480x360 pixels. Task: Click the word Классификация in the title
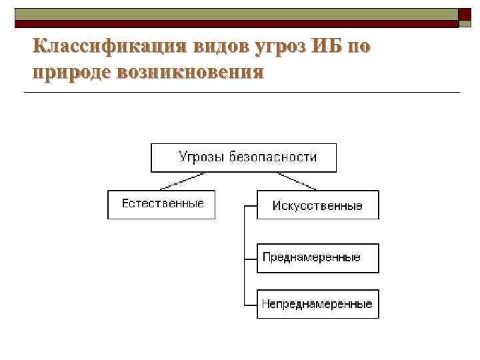(110, 47)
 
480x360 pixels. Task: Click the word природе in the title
(71, 71)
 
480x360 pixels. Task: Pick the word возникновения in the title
(189, 71)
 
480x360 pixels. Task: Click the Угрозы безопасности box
(243, 158)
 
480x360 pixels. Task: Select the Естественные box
(161, 204)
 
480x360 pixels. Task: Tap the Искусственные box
(317, 205)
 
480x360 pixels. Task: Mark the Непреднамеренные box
(317, 304)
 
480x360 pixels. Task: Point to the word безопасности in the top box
(273, 158)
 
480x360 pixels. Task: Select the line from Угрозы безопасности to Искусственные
(297, 181)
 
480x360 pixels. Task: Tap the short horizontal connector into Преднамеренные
(251, 258)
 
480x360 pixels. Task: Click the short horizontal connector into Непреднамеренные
(251, 305)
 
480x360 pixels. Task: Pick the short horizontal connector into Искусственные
(251, 206)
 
